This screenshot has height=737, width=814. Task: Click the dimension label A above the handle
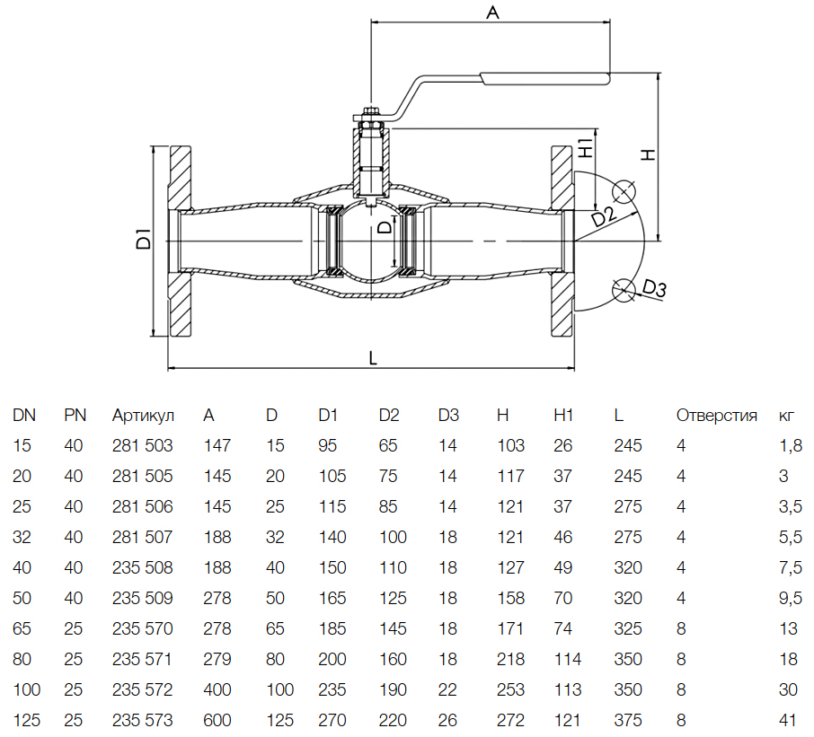pos(491,13)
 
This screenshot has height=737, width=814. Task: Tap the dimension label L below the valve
pos(373,357)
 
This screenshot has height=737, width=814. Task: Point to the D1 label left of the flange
pos(142,241)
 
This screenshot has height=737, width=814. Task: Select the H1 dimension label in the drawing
pos(585,148)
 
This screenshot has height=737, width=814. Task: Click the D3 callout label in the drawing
pos(654,289)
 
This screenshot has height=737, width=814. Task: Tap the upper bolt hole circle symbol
pos(623,192)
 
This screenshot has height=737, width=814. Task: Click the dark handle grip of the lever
pos(545,78)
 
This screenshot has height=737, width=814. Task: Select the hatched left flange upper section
pos(180,176)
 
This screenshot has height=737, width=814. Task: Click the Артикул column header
pos(143,416)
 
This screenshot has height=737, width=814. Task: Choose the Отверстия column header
pos(716,416)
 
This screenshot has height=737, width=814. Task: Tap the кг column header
pos(786,416)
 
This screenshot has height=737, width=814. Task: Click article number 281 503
pos(142,445)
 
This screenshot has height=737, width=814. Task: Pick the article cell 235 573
pos(142,720)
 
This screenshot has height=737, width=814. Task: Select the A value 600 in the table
pos(217,720)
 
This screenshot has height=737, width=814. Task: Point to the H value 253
pos(510,689)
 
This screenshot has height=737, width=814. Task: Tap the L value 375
pos(628,720)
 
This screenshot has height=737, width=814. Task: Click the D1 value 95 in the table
pos(328,445)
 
